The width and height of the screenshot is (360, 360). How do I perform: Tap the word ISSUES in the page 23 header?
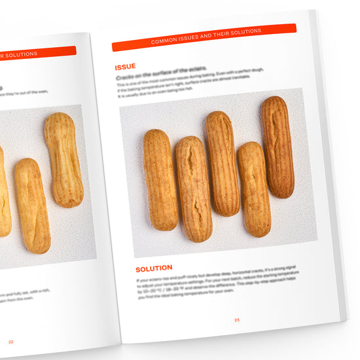pyautogui.click(x=190, y=38)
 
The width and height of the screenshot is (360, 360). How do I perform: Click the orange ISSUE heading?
pyautogui.click(x=125, y=67)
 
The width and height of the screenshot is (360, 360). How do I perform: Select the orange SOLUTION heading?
pyautogui.click(x=154, y=268)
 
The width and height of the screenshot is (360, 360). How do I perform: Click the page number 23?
pyautogui.click(x=237, y=320)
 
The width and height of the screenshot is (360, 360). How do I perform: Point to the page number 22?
pyautogui.click(x=10, y=341)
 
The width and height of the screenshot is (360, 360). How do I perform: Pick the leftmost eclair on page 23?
pyautogui.click(x=160, y=179)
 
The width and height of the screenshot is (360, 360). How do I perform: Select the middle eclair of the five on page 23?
pyautogui.click(x=223, y=163)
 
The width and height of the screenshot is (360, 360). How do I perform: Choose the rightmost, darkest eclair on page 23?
pyautogui.click(x=278, y=147)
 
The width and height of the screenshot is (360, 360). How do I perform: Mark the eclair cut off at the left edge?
pyautogui.click(x=3, y=193)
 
